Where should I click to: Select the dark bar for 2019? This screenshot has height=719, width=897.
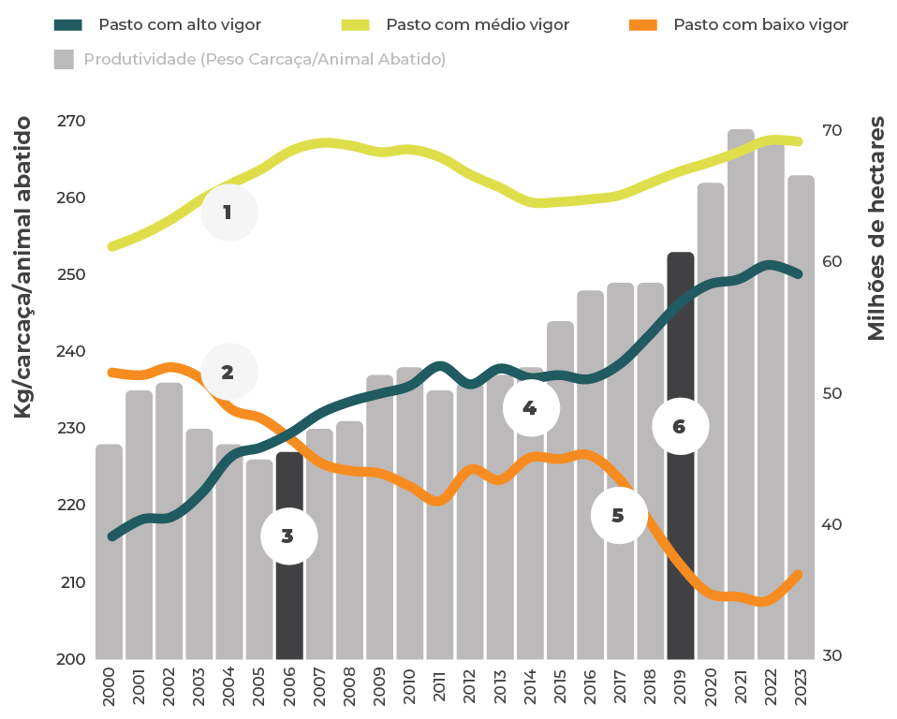pyautogui.click(x=681, y=524)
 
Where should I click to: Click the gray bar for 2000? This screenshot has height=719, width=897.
pyautogui.click(x=109, y=562)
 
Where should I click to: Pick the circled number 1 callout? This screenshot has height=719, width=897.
pyautogui.click(x=228, y=213)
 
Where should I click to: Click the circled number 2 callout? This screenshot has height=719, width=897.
pyautogui.click(x=228, y=372)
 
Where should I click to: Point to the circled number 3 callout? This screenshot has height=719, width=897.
pyautogui.click(x=288, y=536)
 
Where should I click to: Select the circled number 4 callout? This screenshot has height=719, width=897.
pyautogui.click(x=530, y=408)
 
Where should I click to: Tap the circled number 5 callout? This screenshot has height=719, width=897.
pyautogui.click(x=618, y=515)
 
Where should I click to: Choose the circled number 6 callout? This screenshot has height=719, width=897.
pyautogui.click(x=680, y=427)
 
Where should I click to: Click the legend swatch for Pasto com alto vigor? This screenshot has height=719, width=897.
pyautogui.click(x=68, y=24)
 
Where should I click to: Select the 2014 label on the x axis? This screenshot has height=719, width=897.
pyautogui.click(x=530, y=688)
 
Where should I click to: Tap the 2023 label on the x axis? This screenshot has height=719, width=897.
pyautogui.click(x=801, y=688)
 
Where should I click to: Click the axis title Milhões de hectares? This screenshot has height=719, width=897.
pyautogui.click(x=876, y=228)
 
